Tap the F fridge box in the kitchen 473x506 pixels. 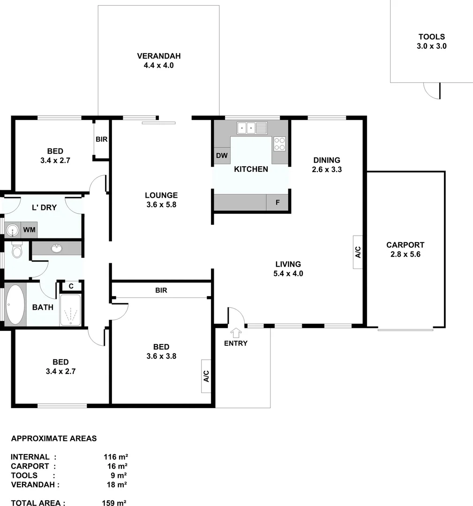point(278,203)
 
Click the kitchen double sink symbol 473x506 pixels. point(252,127)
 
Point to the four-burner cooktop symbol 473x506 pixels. point(280,143)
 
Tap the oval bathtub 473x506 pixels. point(15,305)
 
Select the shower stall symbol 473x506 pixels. point(71,310)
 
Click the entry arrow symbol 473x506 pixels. point(236,332)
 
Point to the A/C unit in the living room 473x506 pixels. point(358,252)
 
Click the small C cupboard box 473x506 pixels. point(71,286)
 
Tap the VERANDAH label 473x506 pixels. point(158,56)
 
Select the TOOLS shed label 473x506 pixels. point(431,37)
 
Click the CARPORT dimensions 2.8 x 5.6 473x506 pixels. point(405,254)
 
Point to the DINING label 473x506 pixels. point(327,160)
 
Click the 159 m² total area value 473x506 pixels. point(114,503)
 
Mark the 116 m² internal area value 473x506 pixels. point(116,457)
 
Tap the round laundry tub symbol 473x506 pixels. point(12,230)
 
